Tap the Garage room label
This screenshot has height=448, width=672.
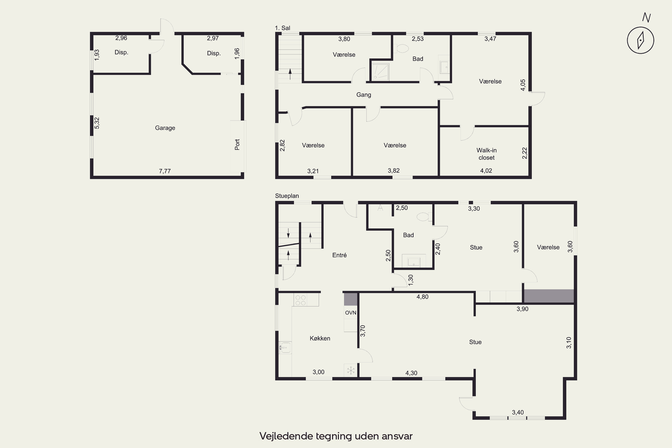[x=165, y=128]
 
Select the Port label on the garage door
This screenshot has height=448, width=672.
[x=237, y=144]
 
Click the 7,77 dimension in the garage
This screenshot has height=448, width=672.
[x=165, y=171]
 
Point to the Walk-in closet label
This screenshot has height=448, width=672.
[x=487, y=154]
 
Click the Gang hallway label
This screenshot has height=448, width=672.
[x=364, y=95]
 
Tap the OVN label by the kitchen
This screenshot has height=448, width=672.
[x=351, y=312]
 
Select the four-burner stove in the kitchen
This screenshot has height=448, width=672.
[x=300, y=300]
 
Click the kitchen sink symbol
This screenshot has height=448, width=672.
[x=285, y=348]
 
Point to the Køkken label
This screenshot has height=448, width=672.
[x=320, y=338]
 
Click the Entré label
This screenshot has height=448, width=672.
[x=339, y=255]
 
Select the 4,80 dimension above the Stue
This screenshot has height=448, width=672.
[x=422, y=297]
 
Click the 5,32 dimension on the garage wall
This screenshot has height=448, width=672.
[x=97, y=123]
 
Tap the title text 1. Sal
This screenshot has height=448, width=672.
[x=282, y=28]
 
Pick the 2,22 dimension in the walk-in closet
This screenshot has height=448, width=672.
[x=525, y=153]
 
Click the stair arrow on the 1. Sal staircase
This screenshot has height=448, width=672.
[x=290, y=74]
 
